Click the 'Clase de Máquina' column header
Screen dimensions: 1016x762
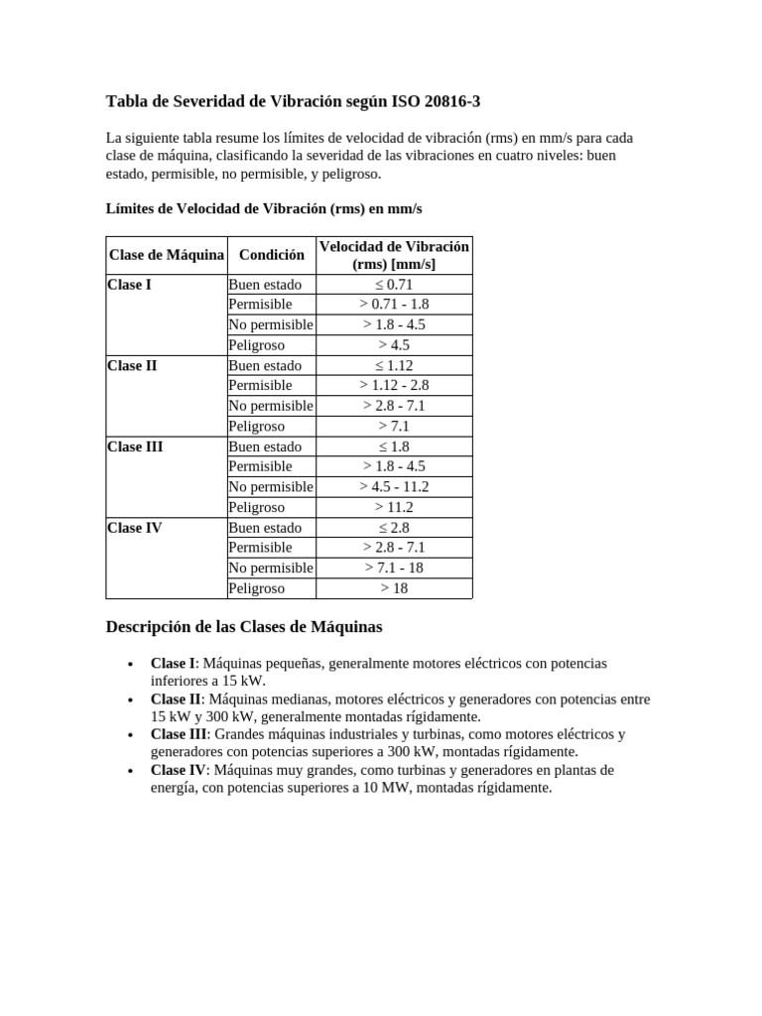166,255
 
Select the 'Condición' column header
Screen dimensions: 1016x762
272,255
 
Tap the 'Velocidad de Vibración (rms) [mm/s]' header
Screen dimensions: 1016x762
394,255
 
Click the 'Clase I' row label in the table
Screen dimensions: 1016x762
130,285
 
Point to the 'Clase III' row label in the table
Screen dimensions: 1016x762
135,446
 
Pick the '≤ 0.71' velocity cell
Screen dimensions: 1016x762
394,285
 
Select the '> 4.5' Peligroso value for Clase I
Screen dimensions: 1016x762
394,345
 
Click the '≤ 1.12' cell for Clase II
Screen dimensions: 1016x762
394,365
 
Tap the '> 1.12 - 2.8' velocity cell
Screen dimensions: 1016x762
394,385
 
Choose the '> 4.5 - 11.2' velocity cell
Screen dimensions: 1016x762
394,486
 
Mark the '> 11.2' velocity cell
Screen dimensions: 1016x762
394,507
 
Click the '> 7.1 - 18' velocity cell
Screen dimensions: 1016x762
394,568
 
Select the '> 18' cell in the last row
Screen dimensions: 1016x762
394,588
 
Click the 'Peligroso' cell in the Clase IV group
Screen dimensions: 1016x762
256,588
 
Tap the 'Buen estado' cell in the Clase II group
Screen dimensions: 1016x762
265,365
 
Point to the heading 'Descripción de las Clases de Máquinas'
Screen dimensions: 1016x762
243,628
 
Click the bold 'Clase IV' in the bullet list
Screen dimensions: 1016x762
178,770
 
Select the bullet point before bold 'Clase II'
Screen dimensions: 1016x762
131,699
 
